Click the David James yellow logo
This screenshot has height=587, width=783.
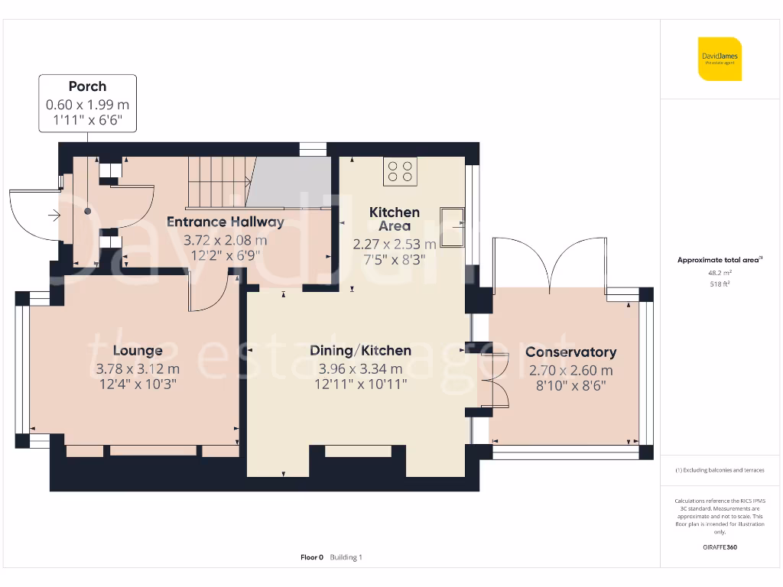(x=720, y=59)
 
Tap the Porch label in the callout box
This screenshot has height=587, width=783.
(x=87, y=86)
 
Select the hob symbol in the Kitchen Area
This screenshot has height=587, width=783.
(x=400, y=171)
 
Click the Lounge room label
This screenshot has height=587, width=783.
(x=138, y=351)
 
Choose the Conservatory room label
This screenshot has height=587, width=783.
(x=570, y=352)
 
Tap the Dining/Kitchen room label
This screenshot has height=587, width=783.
(x=360, y=351)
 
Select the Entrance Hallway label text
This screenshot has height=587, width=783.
(x=226, y=222)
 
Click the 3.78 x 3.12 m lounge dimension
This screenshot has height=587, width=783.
(x=138, y=369)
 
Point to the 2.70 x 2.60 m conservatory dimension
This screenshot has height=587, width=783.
(x=570, y=371)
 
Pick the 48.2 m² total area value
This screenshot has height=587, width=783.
(x=720, y=272)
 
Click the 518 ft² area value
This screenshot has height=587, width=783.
(x=720, y=284)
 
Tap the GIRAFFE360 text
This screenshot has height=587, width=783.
(x=720, y=547)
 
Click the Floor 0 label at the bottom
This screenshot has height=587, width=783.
(x=312, y=557)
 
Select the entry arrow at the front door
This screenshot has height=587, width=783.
(x=54, y=216)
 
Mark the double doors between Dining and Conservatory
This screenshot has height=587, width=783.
(x=493, y=381)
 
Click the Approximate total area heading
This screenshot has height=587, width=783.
(x=720, y=261)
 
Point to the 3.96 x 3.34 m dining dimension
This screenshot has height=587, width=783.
(x=360, y=369)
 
